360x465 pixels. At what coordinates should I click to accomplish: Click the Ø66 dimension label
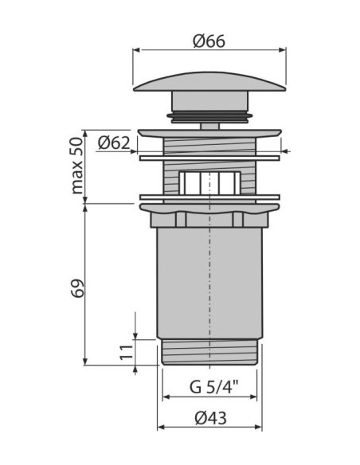[209, 37]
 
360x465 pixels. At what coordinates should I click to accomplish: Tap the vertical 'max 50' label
[76, 166]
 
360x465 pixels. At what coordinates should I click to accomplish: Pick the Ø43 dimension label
[209, 418]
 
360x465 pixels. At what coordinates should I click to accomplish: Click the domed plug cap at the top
[209, 83]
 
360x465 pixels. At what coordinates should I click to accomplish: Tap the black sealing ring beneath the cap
[209, 116]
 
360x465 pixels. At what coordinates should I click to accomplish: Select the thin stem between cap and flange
[209, 125]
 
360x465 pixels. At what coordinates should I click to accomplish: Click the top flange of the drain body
[209, 132]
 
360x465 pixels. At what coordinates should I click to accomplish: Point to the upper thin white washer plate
[209, 157]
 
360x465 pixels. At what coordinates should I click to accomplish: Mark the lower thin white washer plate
[209, 196]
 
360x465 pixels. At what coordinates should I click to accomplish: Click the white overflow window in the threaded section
[209, 182]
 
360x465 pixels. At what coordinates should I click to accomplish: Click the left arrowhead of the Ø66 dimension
[136, 49]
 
